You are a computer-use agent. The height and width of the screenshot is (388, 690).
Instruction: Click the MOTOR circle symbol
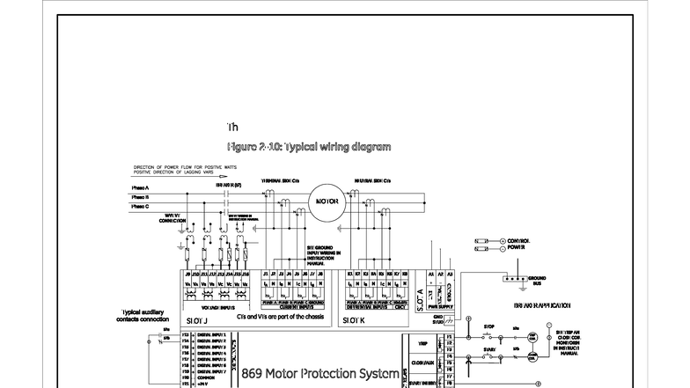(327, 201)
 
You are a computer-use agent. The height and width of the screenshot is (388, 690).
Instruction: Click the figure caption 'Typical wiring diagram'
(308, 147)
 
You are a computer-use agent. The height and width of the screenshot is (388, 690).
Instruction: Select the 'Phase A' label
(141, 187)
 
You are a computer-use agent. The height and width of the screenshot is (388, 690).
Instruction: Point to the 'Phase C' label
(141, 207)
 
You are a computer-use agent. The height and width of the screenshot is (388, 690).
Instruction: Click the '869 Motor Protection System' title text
(319, 373)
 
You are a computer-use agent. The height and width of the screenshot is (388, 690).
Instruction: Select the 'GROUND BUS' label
(537, 283)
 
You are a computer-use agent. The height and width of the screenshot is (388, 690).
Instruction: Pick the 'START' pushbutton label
(489, 349)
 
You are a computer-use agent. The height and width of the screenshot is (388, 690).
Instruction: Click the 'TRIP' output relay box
(422, 343)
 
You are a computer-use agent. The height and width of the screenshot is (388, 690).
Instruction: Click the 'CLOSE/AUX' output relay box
(422, 362)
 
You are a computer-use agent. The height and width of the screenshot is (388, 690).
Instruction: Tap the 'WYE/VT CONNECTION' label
(172, 217)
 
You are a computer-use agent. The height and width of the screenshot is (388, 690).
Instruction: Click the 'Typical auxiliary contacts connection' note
(143, 315)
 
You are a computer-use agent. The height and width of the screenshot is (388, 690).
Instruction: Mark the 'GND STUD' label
(437, 318)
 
